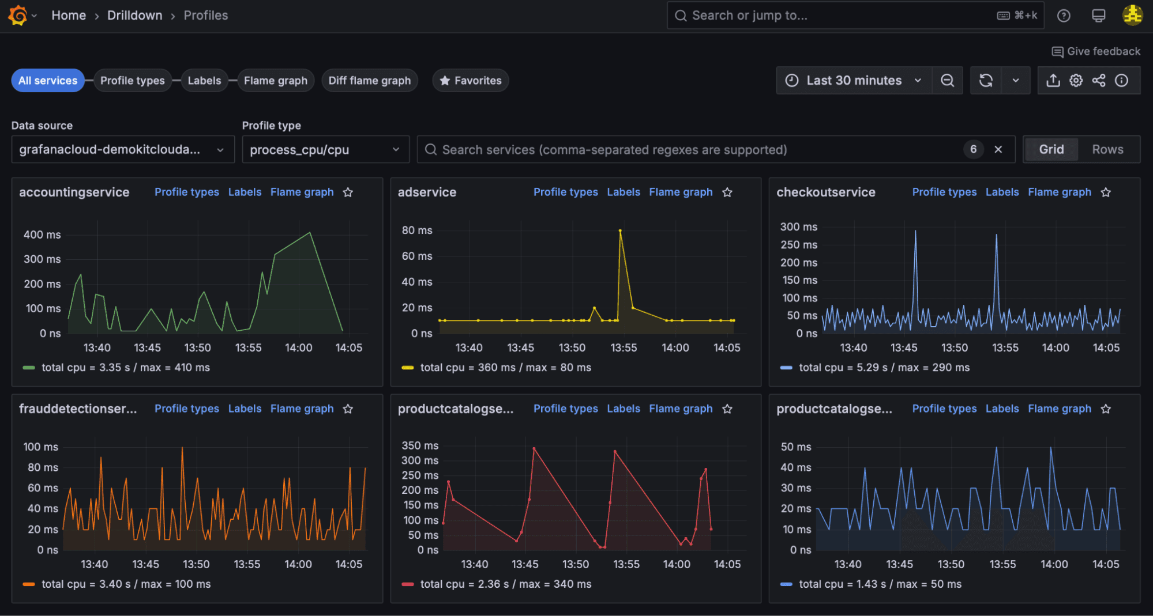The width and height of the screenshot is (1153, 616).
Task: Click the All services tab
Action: click(48, 81)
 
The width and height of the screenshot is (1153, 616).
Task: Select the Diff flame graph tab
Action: click(369, 81)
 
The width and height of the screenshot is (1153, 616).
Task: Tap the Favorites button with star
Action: click(471, 81)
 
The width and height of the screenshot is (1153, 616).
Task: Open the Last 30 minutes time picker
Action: click(854, 81)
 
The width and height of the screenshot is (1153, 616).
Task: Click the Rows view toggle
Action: click(1107, 150)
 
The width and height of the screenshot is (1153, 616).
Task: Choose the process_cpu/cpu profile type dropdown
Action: click(325, 150)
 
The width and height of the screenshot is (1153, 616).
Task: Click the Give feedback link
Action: click(1096, 51)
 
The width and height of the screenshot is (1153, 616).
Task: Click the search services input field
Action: click(692, 150)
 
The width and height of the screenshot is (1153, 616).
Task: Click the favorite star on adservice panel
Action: click(727, 192)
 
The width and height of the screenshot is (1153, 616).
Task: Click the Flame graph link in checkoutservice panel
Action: click(1060, 192)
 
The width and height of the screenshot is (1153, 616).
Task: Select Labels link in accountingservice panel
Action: click(245, 192)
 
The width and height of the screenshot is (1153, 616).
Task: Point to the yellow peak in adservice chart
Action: click(620, 230)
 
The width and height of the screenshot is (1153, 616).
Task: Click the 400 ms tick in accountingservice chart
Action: click(42, 235)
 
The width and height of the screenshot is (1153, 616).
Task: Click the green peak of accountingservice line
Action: click(310, 233)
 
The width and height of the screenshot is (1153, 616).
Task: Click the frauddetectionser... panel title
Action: click(78, 409)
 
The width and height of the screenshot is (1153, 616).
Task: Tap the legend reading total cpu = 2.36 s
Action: click(505, 584)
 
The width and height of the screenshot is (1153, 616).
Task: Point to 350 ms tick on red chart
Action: click(420, 446)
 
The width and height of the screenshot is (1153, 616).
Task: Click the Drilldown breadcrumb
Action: click(134, 16)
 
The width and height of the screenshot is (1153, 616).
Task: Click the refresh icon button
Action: click(986, 81)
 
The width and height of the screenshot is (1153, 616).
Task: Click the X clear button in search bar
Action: click(998, 150)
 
